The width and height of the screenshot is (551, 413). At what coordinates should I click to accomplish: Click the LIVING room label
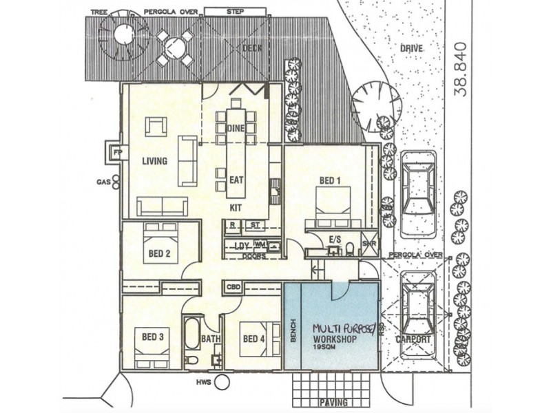click(x=155, y=162)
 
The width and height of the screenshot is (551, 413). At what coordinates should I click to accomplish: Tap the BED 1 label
click(x=327, y=181)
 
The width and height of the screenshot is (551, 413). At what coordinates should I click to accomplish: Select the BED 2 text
click(x=159, y=253)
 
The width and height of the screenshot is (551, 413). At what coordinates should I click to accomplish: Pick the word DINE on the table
click(x=236, y=129)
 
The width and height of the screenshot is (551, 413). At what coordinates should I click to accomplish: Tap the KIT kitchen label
click(x=236, y=206)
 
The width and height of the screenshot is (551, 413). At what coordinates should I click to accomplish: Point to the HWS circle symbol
click(x=222, y=383)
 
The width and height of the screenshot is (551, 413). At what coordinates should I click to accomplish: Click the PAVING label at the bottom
click(x=333, y=402)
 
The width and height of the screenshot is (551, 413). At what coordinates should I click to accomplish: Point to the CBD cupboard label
click(x=231, y=286)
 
